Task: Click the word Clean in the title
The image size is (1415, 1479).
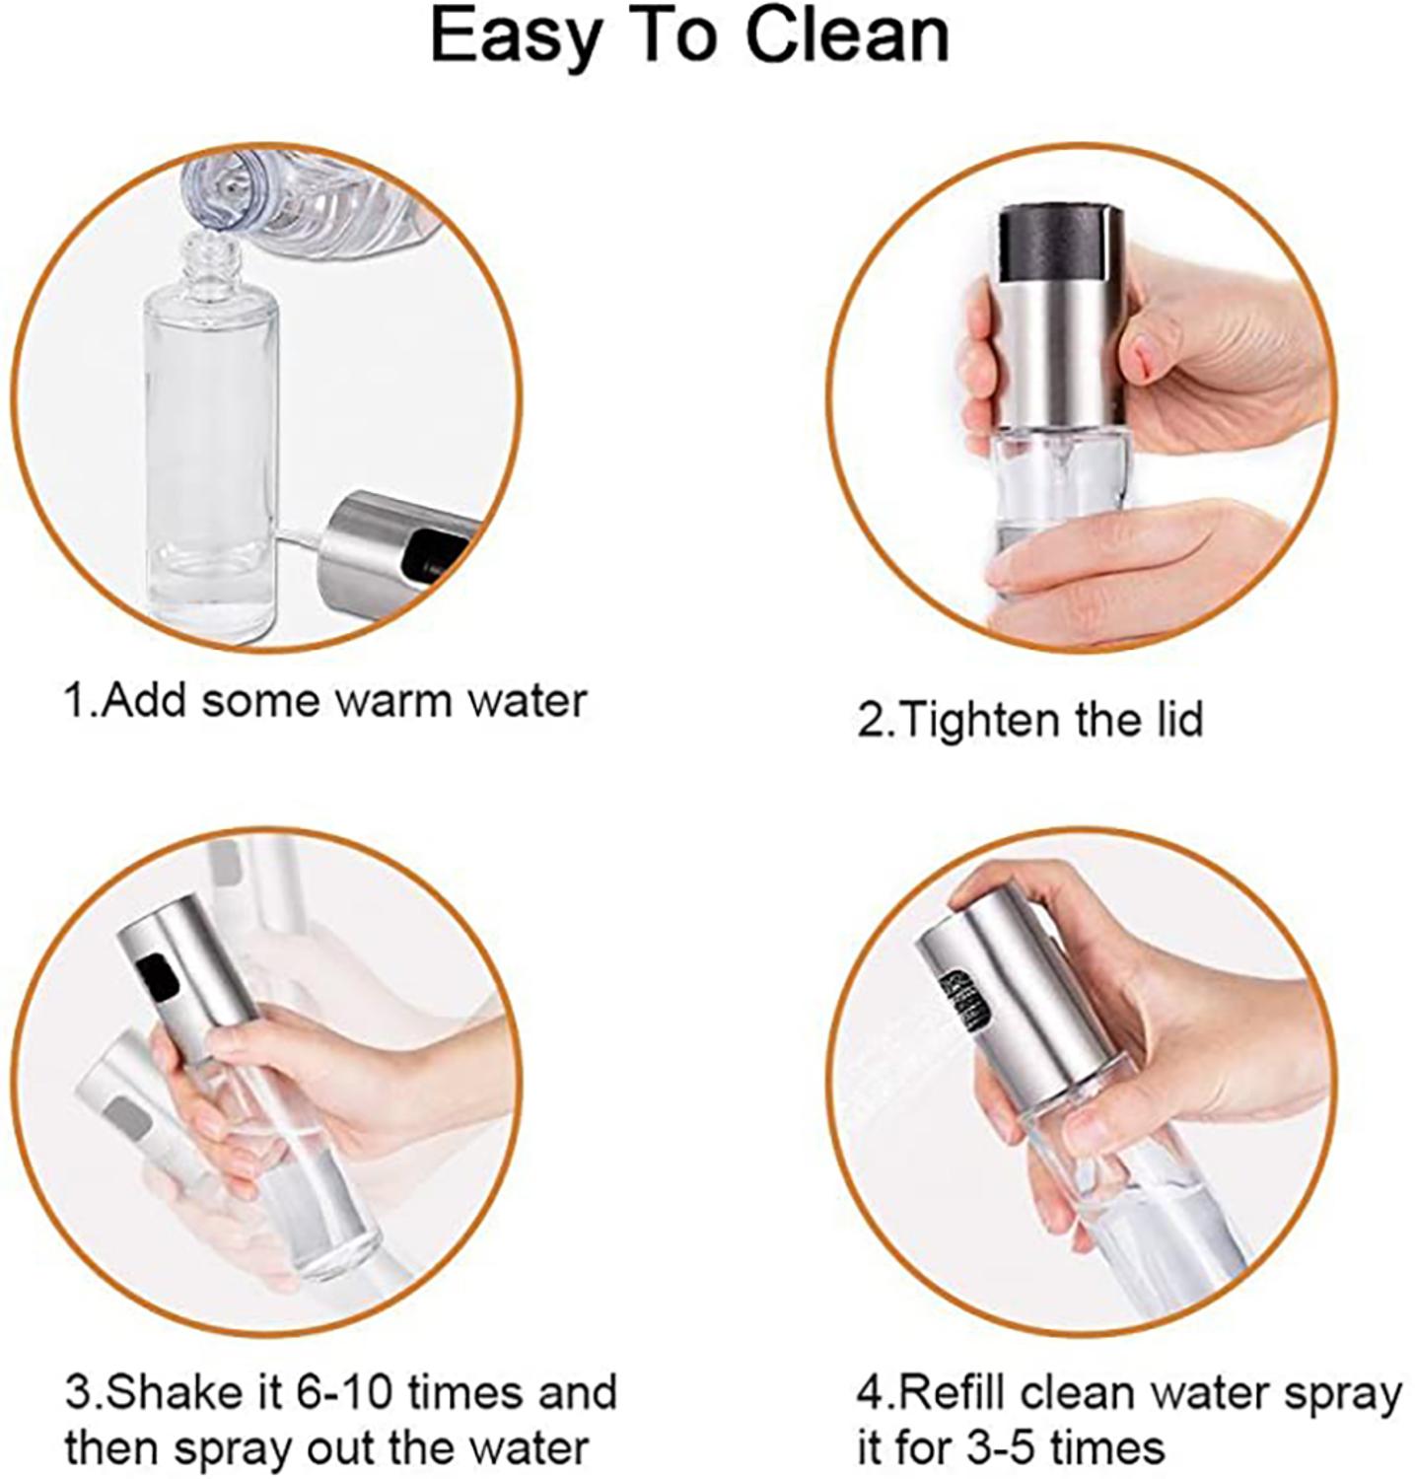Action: (846, 37)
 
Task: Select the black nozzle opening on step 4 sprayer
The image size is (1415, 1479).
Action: (962, 1002)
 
